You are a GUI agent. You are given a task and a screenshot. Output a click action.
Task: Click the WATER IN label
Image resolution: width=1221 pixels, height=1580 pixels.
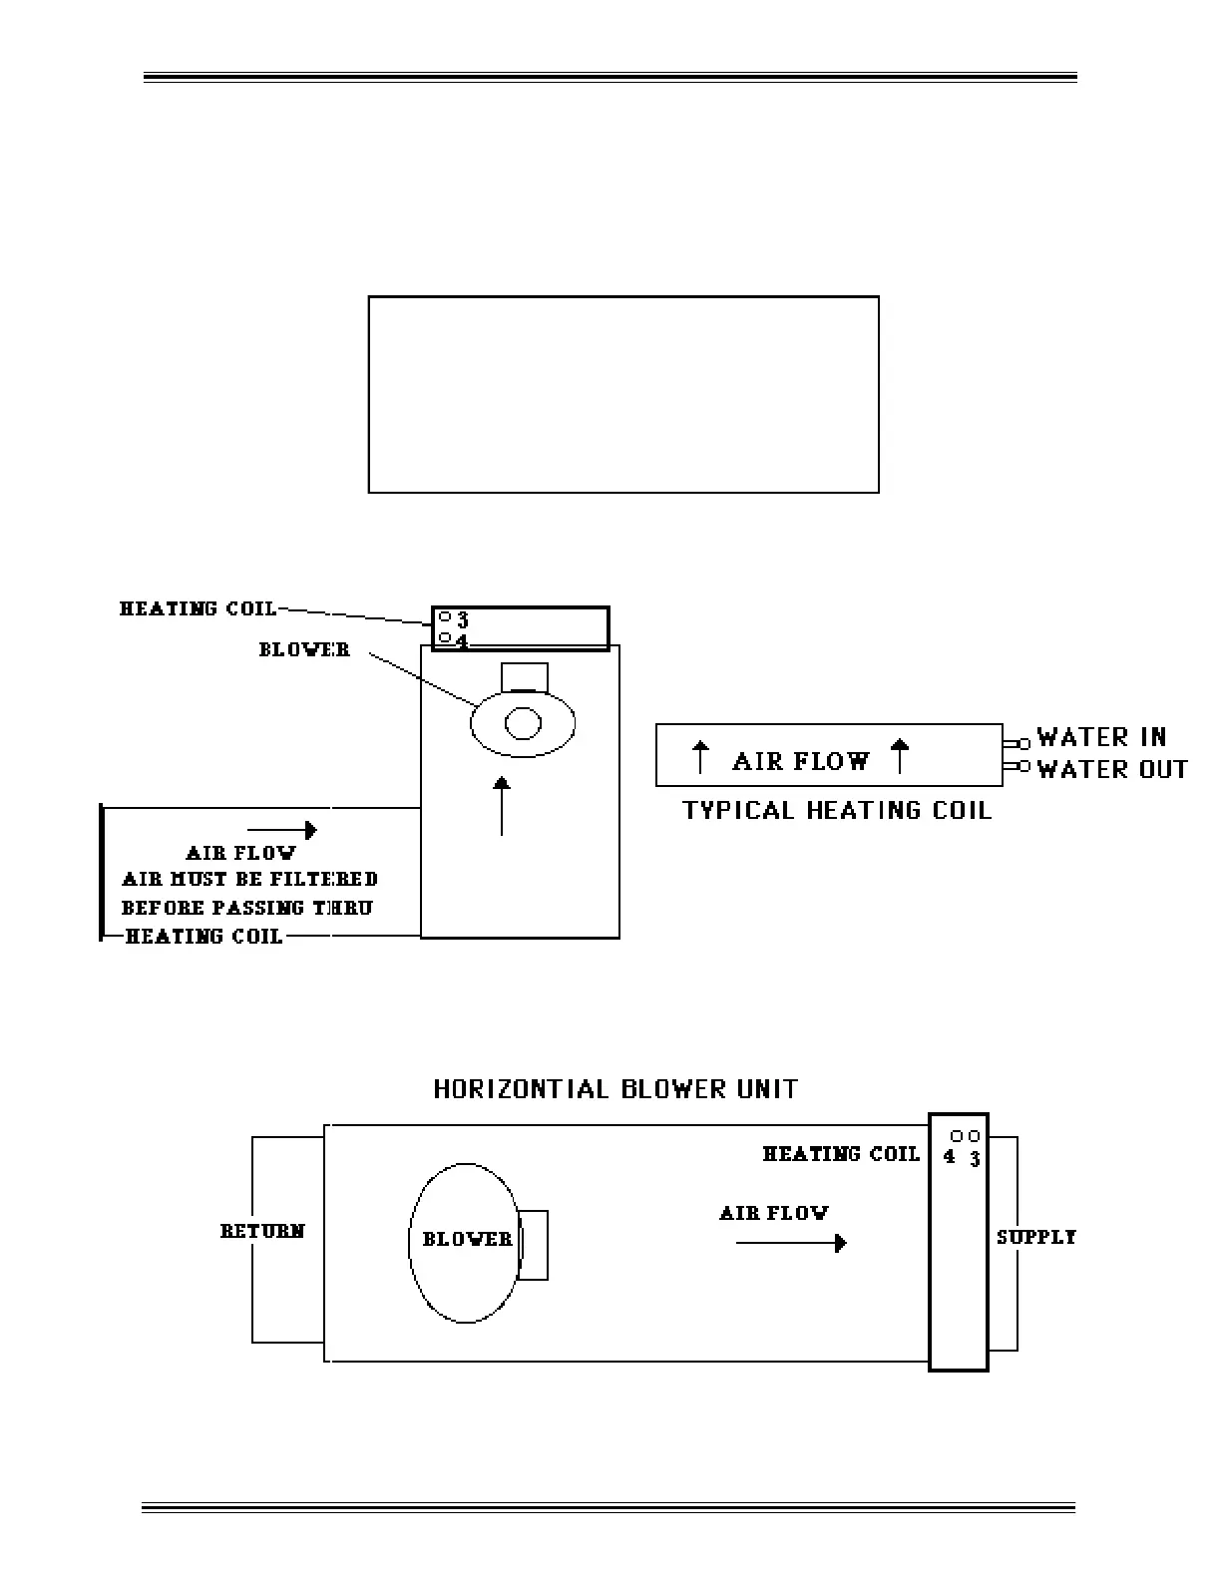[1101, 737]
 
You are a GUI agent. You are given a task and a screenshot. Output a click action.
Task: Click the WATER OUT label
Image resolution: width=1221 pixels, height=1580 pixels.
[1112, 769]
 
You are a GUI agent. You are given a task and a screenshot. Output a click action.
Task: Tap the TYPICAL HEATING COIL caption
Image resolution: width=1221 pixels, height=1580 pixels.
[837, 810]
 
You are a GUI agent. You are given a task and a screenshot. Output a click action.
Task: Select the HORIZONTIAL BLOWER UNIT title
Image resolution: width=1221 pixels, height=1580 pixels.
[615, 1088]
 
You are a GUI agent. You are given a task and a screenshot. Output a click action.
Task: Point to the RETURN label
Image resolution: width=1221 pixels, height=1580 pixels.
[262, 1231]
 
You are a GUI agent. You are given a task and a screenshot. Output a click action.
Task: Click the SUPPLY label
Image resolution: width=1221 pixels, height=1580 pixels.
[1036, 1237]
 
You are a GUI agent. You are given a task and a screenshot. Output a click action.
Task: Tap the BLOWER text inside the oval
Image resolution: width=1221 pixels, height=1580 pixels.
[467, 1239]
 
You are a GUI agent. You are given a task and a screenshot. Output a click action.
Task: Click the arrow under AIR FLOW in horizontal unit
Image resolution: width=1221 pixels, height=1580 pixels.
[791, 1243]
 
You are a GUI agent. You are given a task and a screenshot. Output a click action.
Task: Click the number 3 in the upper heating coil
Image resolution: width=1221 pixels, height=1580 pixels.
[463, 620]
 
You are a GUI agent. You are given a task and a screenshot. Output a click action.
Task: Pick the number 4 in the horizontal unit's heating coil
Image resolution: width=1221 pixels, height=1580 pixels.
[949, 1158]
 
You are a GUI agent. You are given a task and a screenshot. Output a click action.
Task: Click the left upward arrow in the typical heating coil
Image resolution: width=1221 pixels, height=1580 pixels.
[700, 757]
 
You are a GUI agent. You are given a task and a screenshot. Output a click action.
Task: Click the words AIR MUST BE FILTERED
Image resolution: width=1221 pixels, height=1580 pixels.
[249, 879]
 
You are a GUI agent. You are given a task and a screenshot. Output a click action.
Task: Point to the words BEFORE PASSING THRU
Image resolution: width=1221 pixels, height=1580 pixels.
[246, 908]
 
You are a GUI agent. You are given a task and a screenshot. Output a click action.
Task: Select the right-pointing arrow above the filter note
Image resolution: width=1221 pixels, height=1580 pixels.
[282, 830]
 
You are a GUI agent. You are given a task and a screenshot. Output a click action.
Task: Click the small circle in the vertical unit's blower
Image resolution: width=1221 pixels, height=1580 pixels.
[523, 722]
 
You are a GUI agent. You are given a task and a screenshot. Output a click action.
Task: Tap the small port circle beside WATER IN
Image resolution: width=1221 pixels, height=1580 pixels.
[1023, 743]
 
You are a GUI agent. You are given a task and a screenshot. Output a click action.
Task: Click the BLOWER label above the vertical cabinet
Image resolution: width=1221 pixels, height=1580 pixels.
[304, 649]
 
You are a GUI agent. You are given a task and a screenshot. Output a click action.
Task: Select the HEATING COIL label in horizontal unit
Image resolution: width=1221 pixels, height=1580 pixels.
[841, 1154]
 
